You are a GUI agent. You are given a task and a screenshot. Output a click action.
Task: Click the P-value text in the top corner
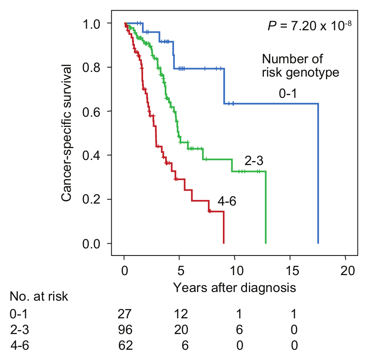309,26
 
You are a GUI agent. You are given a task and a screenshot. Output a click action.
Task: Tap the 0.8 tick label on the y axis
91,67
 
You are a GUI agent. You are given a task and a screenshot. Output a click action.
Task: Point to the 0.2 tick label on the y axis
91,199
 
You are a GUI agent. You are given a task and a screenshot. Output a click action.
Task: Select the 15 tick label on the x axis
293,271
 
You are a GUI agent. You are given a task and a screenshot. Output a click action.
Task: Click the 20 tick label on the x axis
348,271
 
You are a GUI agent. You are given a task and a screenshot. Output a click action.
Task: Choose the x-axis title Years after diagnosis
235,288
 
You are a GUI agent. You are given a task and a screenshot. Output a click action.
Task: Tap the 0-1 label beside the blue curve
288,94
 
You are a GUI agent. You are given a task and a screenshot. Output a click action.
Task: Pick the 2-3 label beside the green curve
254,161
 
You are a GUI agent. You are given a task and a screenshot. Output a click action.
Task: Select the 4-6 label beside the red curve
227,201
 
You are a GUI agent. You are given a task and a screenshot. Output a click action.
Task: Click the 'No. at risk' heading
39,296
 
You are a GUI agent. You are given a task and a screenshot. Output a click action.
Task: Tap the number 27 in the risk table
125,314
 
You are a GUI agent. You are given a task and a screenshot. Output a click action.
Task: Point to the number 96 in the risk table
125,330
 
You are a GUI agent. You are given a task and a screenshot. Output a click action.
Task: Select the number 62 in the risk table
125,345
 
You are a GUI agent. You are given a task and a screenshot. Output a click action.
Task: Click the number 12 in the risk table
181,314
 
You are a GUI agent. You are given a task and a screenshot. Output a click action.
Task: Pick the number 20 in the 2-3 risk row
181,330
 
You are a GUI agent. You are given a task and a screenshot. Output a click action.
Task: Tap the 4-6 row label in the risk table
20,345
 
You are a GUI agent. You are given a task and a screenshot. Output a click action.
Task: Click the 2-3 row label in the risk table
20,330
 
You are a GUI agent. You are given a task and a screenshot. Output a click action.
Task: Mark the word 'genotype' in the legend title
313,73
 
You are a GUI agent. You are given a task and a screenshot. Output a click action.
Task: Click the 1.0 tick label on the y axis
91,24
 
